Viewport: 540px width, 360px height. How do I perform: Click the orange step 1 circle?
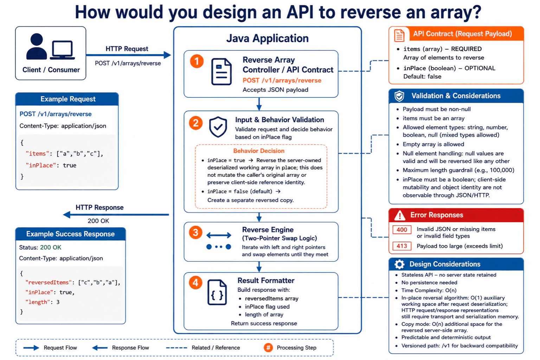[x=197, y=61]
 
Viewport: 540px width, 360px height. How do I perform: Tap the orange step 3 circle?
[x=195, y=232]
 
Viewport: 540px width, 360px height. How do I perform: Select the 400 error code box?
[x=401, y=230]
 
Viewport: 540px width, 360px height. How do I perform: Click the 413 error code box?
[x=401, y=246]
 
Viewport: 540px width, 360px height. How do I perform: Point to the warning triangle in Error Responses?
[x=400, y=215]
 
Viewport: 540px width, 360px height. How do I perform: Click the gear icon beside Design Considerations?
[x=399, y=264]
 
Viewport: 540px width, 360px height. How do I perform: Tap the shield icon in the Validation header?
[x=399, y=96]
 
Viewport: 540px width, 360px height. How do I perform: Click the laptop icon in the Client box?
[x=63, y=50]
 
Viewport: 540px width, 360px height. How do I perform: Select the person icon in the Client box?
[x=37, y=46]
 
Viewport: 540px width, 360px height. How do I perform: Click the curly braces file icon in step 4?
[x=217, y=292]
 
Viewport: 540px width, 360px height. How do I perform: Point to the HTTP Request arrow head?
[x=167, y=55]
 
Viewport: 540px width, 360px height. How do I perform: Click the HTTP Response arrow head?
[x=67, y=214]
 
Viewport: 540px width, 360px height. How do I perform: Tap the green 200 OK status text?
[x=51, y=247]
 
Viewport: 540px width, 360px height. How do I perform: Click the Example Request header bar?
[x=67, y=99]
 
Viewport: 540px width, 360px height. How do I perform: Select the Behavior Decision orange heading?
[x=259, y=151]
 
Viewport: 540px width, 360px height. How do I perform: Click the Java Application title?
[x=267, y=38]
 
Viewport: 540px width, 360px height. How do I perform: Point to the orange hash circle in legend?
[x=268, y=347]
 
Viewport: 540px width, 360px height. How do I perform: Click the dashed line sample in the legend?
[x=176, y=348]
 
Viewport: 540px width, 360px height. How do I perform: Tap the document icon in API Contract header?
[x=399, y=36]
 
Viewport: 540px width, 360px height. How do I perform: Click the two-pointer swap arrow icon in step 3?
[x=219, y=235]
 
